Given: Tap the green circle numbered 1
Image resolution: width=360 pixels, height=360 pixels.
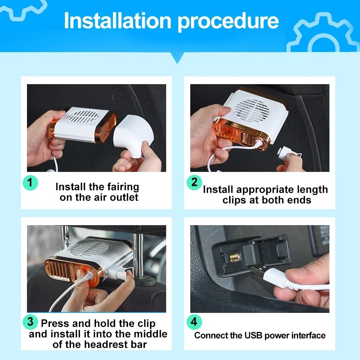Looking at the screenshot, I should (x=31, y=183).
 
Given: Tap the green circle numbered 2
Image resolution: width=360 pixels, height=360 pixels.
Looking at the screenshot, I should (x=194, y=183).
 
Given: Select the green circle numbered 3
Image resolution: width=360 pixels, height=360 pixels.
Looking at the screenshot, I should (x=31, y=322).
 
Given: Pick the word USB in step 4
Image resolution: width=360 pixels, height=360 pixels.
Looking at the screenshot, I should (x=254, y=336).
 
